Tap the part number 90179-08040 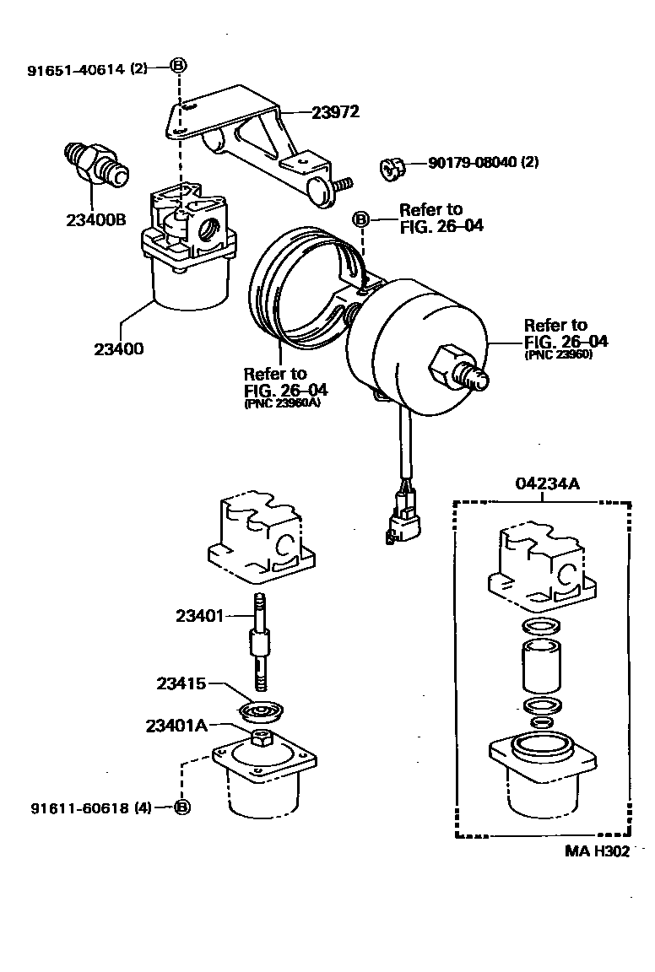472,162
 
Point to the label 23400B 95,220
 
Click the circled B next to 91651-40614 179,67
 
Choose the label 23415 181,683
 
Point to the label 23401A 176,725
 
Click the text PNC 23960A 286,404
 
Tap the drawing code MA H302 597,851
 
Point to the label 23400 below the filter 119,347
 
